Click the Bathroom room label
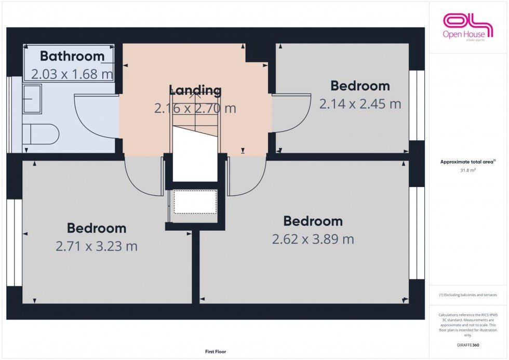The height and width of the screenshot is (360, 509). pyautogui.click(x=72, y=56)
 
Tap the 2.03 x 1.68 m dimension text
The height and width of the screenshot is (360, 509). pyautogui.click(x=72, y=74)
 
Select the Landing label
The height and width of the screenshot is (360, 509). pyautogui.click(x=195, y=90)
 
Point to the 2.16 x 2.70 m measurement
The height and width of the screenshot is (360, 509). pyautogui.click(x=195, y=109)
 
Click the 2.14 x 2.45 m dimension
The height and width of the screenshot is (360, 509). pyautogui.click(x=360, y=104)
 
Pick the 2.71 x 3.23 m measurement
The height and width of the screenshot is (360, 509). pyautogui.click(x=97, y=246)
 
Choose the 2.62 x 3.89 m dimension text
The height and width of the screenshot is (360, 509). pyautogui.click(x=313, y=239)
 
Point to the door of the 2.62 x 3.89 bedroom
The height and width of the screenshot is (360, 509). pyautogui.click(x=246, y=177)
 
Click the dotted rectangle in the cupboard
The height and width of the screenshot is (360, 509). pyautogui.click(x=195, y=202)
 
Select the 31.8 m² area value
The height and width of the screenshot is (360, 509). pyautogui.click(x=467, y=169)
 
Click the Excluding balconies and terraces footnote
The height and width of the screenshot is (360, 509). pyautogui.click(x=467, y=295)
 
